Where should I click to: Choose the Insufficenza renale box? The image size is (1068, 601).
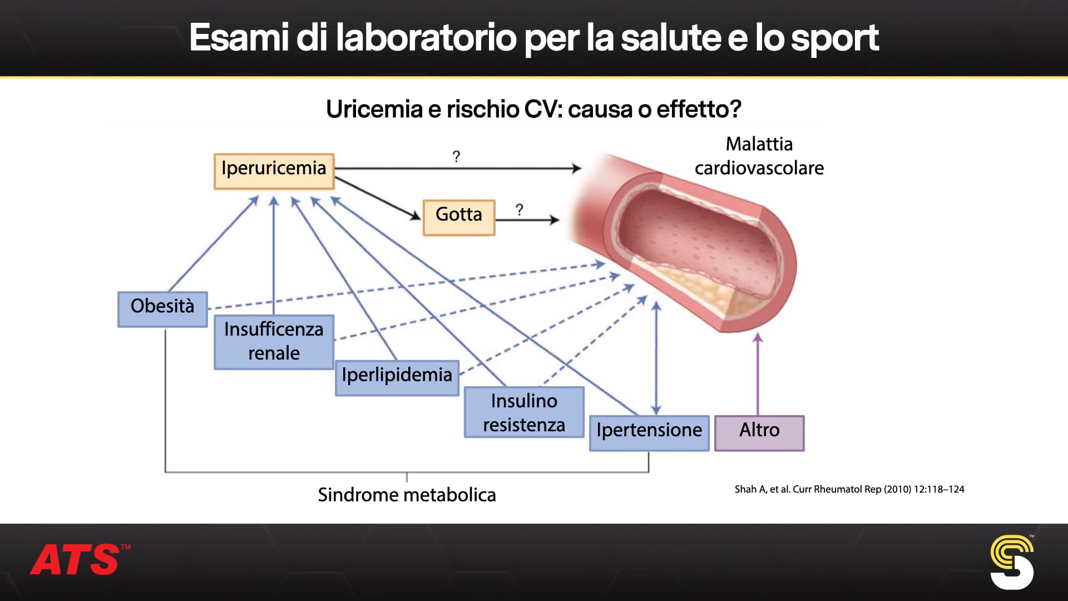(x=274, y=342)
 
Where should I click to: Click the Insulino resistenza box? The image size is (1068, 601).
(x=524, y=412)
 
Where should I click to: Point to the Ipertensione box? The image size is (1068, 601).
(x=649, y=432)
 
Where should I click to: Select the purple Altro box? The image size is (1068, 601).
(x=759, y=432)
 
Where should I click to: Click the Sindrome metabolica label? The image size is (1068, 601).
(x=407, y=495)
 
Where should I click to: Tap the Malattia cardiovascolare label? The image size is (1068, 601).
(x=759, y=156)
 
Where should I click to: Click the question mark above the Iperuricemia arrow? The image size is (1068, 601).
(x=456, y=157)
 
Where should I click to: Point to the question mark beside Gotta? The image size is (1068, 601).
(x=519, y=210)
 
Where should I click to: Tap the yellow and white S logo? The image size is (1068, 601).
(x=1011, y=562)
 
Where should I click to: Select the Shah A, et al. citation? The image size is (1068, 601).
(x=849, y=489)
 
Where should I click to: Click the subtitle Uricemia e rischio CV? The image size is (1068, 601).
(x=533, y=109)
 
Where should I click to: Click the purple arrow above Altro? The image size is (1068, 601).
(x=758, y=373)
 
